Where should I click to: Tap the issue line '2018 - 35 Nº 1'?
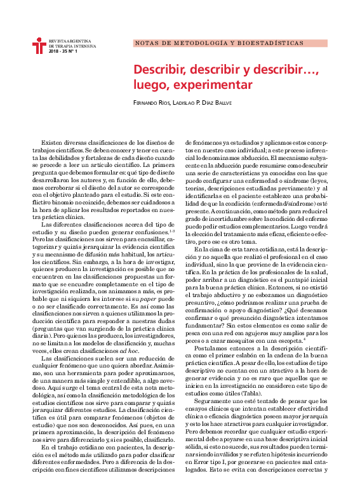tap(62, 51)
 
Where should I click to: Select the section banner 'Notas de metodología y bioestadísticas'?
tap(219, 44)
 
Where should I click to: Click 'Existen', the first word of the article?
tap(51, 144)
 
